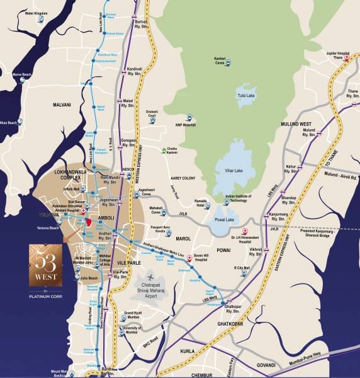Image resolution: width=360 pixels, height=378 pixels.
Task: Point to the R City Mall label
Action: [242, 268]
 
